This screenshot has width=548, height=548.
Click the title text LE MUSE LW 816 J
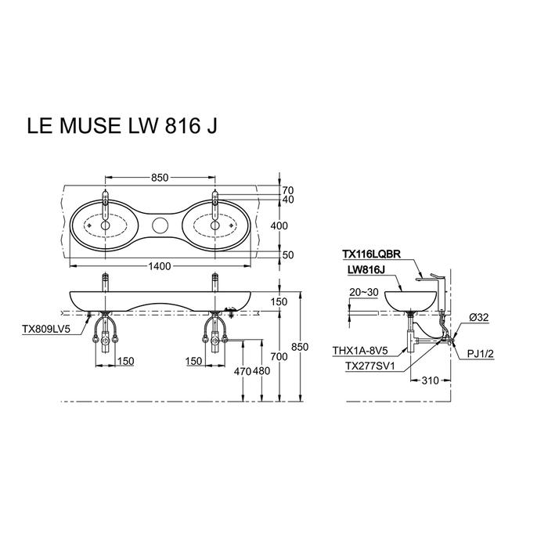click(x=122, y=126)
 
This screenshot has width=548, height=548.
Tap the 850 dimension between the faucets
click(x=160, y=178)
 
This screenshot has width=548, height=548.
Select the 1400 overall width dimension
click(x=160, y=266)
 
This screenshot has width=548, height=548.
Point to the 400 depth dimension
click(x=279, y=225)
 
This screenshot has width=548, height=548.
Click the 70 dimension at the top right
click(x=288, y=190)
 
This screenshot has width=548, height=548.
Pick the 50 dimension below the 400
click(x=288, y=255)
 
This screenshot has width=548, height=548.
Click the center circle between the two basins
click(x=160, y=225)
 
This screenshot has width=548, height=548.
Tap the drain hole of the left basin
click(x=105, y=225)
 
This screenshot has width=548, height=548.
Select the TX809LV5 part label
click(x=46, y=330)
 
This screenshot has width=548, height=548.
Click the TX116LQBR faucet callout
click(x=372, y=254)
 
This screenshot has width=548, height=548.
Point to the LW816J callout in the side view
click(x=366, y=270)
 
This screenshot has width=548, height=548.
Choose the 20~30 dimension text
click(x=364, y=292)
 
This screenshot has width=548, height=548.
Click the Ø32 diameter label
click(x=479, y=317)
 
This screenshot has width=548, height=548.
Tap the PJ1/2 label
click(x=481, y=354)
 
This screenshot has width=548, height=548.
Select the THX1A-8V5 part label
click(x=360, y=350)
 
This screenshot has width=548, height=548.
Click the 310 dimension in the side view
click(x=430, y=380)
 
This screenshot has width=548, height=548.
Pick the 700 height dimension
click(x=279, y=357)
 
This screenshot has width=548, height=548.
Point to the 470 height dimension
click(x=243, y=371)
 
